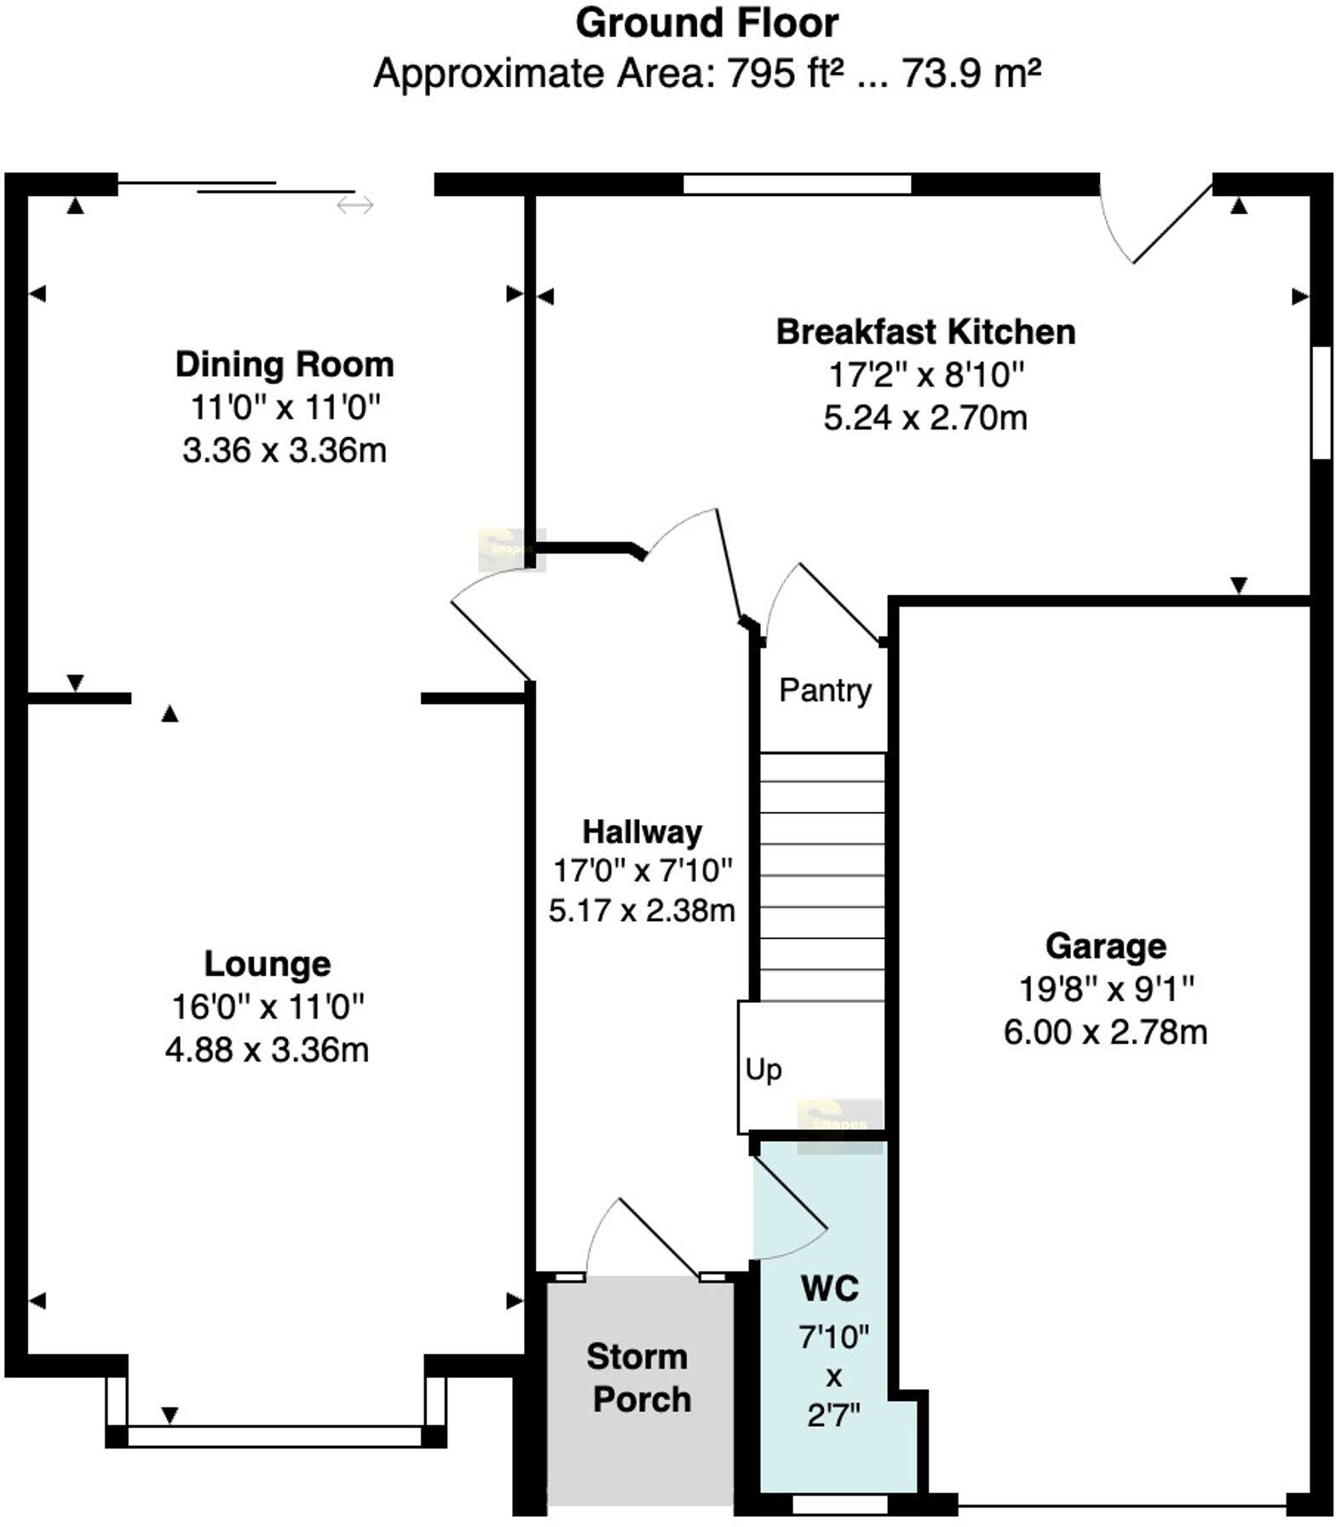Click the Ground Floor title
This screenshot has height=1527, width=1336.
pyautogui.click(x=706, y=25)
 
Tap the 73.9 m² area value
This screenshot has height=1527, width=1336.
pyautogui.click(x=971, y=74)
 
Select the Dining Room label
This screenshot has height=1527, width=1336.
pyautogui.click(x=285, y=365)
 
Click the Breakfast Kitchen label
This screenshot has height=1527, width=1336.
pyautogui.click(x=925, y=331)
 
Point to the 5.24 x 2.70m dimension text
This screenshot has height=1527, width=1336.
pyautogui.click(x=925, y=418)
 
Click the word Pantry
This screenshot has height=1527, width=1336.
pyautogui.click(x=826, y=690)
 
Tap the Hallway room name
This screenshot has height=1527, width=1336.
pyautogui.click(x=642, y=832)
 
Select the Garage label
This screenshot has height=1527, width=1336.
pyautogui.click(x=1106, y=946)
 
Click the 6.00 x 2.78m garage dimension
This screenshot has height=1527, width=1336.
pyautogui.click(x=1106, y=1033)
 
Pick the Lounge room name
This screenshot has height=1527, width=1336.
pyautogui.click(x=268, y=964)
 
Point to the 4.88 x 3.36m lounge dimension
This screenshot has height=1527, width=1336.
pyautogui.click(x=268, y=1050)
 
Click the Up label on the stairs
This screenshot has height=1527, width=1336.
pyautogui.click(x=763, y=1070)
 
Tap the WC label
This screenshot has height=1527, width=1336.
pyautogui.click(x=831, y=1289)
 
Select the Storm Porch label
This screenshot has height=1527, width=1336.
pyautogui.click(x=639, y=1378)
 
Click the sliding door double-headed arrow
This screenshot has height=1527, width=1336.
pyautogui.click(x=354, y=205)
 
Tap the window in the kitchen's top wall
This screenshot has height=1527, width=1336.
pyautogui.click(x=798, y=184)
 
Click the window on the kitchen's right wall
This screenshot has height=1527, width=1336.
pyautogui.click(x=1322, y=402)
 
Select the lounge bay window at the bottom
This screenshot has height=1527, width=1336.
pyautogui.click(x=275, y=1437)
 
